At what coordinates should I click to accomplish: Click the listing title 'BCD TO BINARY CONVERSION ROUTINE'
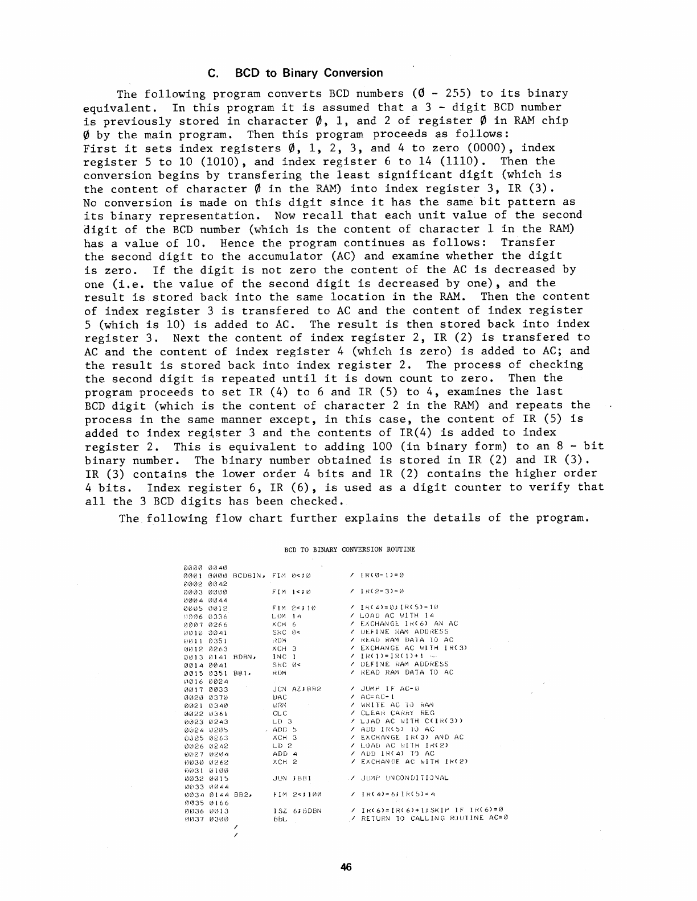(x=350, y=549)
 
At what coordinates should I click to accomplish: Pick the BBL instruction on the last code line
(x=280, y=820)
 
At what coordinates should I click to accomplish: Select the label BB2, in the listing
(x=243, y=794)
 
